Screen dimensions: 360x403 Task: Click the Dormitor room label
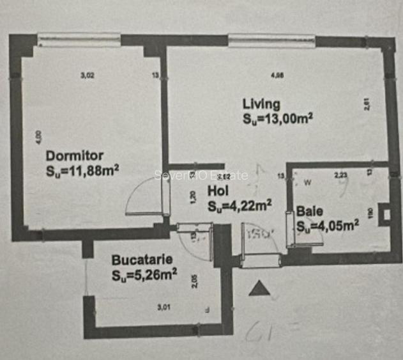(x=74, y=155)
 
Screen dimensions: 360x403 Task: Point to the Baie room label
(x=310, y=210)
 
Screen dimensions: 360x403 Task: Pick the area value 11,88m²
(x=83, y=170)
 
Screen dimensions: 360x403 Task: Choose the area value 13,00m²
(x=277, y=118)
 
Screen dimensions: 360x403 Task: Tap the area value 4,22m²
(x=241, y=205)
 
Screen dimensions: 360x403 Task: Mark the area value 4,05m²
(x=328, y=225)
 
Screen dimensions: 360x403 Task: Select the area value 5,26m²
(x=144, y=276)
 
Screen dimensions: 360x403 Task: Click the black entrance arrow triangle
(x=259, y=289)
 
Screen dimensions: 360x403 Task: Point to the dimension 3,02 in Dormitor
(x=87, y=75)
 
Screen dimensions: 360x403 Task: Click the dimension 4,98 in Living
(x=277, y=75)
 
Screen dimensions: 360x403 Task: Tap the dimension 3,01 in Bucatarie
(x=163, y=308)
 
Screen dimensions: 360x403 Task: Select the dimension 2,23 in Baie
(x=341, y=173)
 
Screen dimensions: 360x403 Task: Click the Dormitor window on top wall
(x=79, y=40)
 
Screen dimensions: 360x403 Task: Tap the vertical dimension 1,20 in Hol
(x=191, y=199)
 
